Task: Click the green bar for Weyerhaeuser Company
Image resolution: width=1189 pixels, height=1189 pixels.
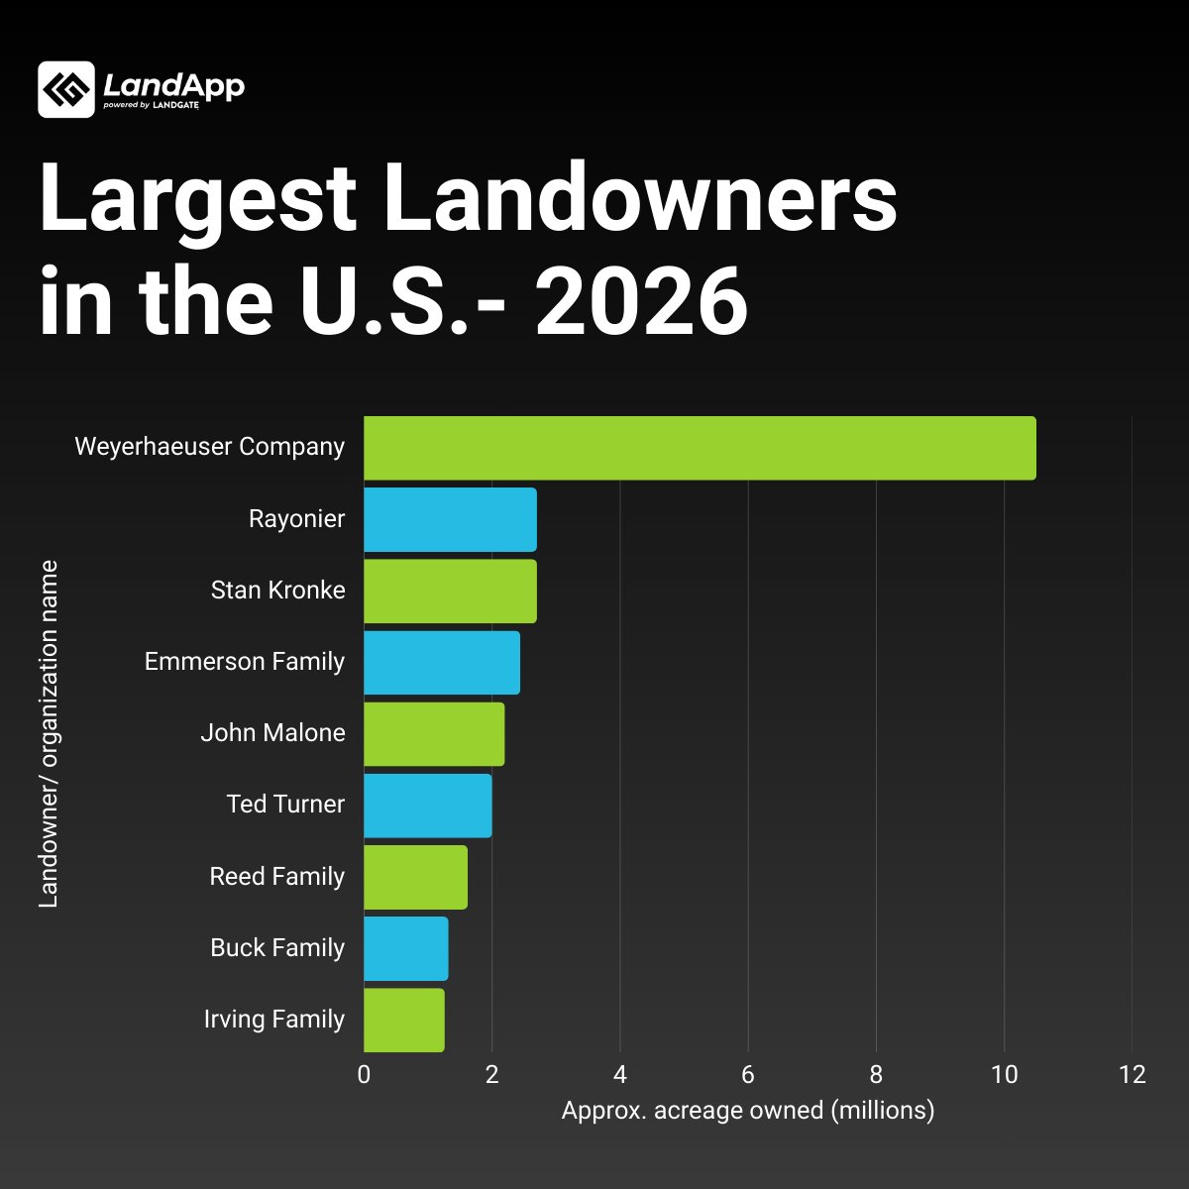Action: [x=699, y=448]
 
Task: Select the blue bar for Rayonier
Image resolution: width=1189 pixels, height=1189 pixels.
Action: [x=450, y=519]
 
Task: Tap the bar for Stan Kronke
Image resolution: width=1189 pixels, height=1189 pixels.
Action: [x=450, y=591]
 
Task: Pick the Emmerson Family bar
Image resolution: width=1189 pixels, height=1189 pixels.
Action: [x=442, y=662]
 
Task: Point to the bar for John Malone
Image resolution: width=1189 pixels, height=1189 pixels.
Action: [x=434, y=733]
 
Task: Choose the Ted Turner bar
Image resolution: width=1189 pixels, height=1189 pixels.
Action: [x=427, y=805]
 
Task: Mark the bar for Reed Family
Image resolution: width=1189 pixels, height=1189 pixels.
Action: [x=415, y=877]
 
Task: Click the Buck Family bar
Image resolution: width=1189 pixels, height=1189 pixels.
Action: [x=405, y=948]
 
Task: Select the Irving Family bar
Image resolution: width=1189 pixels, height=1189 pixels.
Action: [x=403, y=1020]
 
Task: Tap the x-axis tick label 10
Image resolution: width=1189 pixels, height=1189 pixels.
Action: [x=1004, y=1075]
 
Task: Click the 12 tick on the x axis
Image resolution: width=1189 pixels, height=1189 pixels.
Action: [x=1132, y=1075]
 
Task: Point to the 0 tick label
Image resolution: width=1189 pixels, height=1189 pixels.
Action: [x=364, y=1075]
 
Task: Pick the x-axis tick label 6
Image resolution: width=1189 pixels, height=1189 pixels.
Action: [x=748, y=1075]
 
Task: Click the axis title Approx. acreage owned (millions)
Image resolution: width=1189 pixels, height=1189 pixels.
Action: [x=748, y=1110]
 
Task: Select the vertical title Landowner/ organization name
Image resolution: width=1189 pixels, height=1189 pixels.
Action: [x=49, y=733]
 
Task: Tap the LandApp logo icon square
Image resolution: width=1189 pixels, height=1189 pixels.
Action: [x=66, y=89]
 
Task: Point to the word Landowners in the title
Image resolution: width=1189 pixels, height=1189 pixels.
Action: [x=639, y=197]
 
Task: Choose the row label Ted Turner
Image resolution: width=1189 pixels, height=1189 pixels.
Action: [x=285, y=804]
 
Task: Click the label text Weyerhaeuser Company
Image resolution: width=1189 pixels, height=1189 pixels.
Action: [x=210, y=447]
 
